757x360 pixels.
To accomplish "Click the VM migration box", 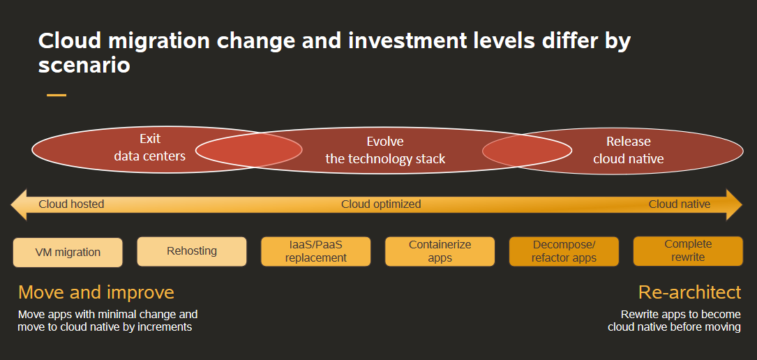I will [x=68, y=253].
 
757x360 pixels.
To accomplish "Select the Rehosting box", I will [x=192, y=251].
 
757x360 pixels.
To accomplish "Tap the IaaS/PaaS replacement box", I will [x=315, y=251].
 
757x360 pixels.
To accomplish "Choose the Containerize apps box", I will [x=440, y=251].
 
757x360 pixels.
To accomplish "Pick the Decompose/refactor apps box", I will [x=564, y=251].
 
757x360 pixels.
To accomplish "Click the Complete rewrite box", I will [x=688, y=251].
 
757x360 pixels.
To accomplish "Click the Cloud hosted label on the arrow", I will [x=71, y=204].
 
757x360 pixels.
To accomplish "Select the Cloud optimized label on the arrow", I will [x=381, y=204].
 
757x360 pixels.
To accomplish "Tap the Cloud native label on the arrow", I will [x=679, y=204].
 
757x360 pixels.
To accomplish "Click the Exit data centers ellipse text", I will [x=149, y=147].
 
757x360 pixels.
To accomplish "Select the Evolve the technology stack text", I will [x=385, y=151].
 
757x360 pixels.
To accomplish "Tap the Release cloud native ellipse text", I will [x=628, y=151].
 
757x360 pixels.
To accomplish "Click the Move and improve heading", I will [x=96, y=292].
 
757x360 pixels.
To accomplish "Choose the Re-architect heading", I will [x=689, y=292].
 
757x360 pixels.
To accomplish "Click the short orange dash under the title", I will [x=57, y=95].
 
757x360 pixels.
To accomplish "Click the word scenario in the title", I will [x=84, y=66].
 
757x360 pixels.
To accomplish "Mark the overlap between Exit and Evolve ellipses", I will [x=248, y=150].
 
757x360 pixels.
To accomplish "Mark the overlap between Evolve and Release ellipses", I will [x=527, y=151].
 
